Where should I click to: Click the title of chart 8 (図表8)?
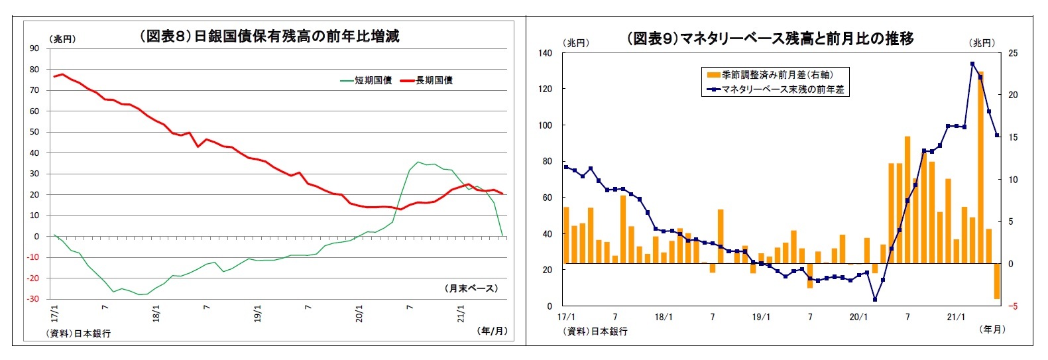pyautogui.click(x=269, y=36)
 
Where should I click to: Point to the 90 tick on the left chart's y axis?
pyautogui.click(x=34, y=48)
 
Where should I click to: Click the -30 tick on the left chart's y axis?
pyautogui.click(x=32, y=299)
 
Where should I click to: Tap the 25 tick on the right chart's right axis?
pyautogui.click(x=1013, y=53)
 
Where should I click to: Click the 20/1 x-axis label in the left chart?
pyautogui.click(x=359, y=314)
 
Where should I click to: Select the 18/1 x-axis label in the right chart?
pyautogui.click(x=664, y=317)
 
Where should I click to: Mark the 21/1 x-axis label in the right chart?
pyautogui.click(x=956, y=317)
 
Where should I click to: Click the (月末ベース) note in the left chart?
pyautogui.click(x=471, y=288)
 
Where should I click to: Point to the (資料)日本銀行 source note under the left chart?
pyautogui.click(x=78, y=333)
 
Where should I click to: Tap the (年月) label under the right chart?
pyautogui.click(x=992, y=329)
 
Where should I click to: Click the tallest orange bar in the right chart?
pyautogui.click(x=980, y=166)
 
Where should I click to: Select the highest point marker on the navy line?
pyautogui.click(x=972, y=64)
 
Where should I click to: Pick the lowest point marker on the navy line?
pyautogui.click(x=875, y=300)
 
